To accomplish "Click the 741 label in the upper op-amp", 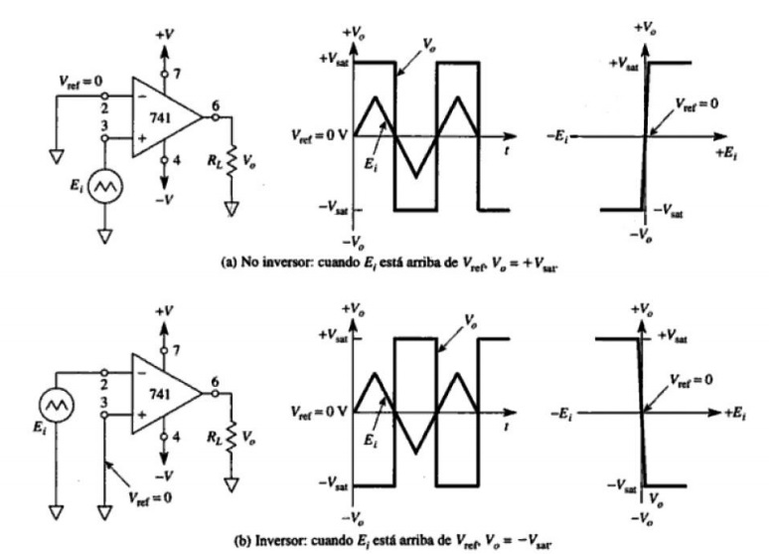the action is (160, 118).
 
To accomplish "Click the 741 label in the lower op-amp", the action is (160, 395).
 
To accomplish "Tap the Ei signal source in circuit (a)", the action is (105, 186).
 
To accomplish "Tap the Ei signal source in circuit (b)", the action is (57, 405).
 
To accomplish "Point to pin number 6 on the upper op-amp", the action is (216, 105).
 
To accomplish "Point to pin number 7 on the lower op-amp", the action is (176, 350).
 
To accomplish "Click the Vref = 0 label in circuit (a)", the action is (80, 82).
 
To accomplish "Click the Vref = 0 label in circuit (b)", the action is (150, 498).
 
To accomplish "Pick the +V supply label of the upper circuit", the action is (165, 35).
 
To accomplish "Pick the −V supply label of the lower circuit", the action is (164, 476).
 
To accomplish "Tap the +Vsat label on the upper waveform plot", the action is (334, 60).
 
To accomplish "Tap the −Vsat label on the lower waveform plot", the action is (334, 483).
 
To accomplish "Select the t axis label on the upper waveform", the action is (507, 151).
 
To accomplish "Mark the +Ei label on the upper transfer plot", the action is (726, 153).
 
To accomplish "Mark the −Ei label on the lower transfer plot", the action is (561, 414).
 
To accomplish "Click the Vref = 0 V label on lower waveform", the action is (319, 412).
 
